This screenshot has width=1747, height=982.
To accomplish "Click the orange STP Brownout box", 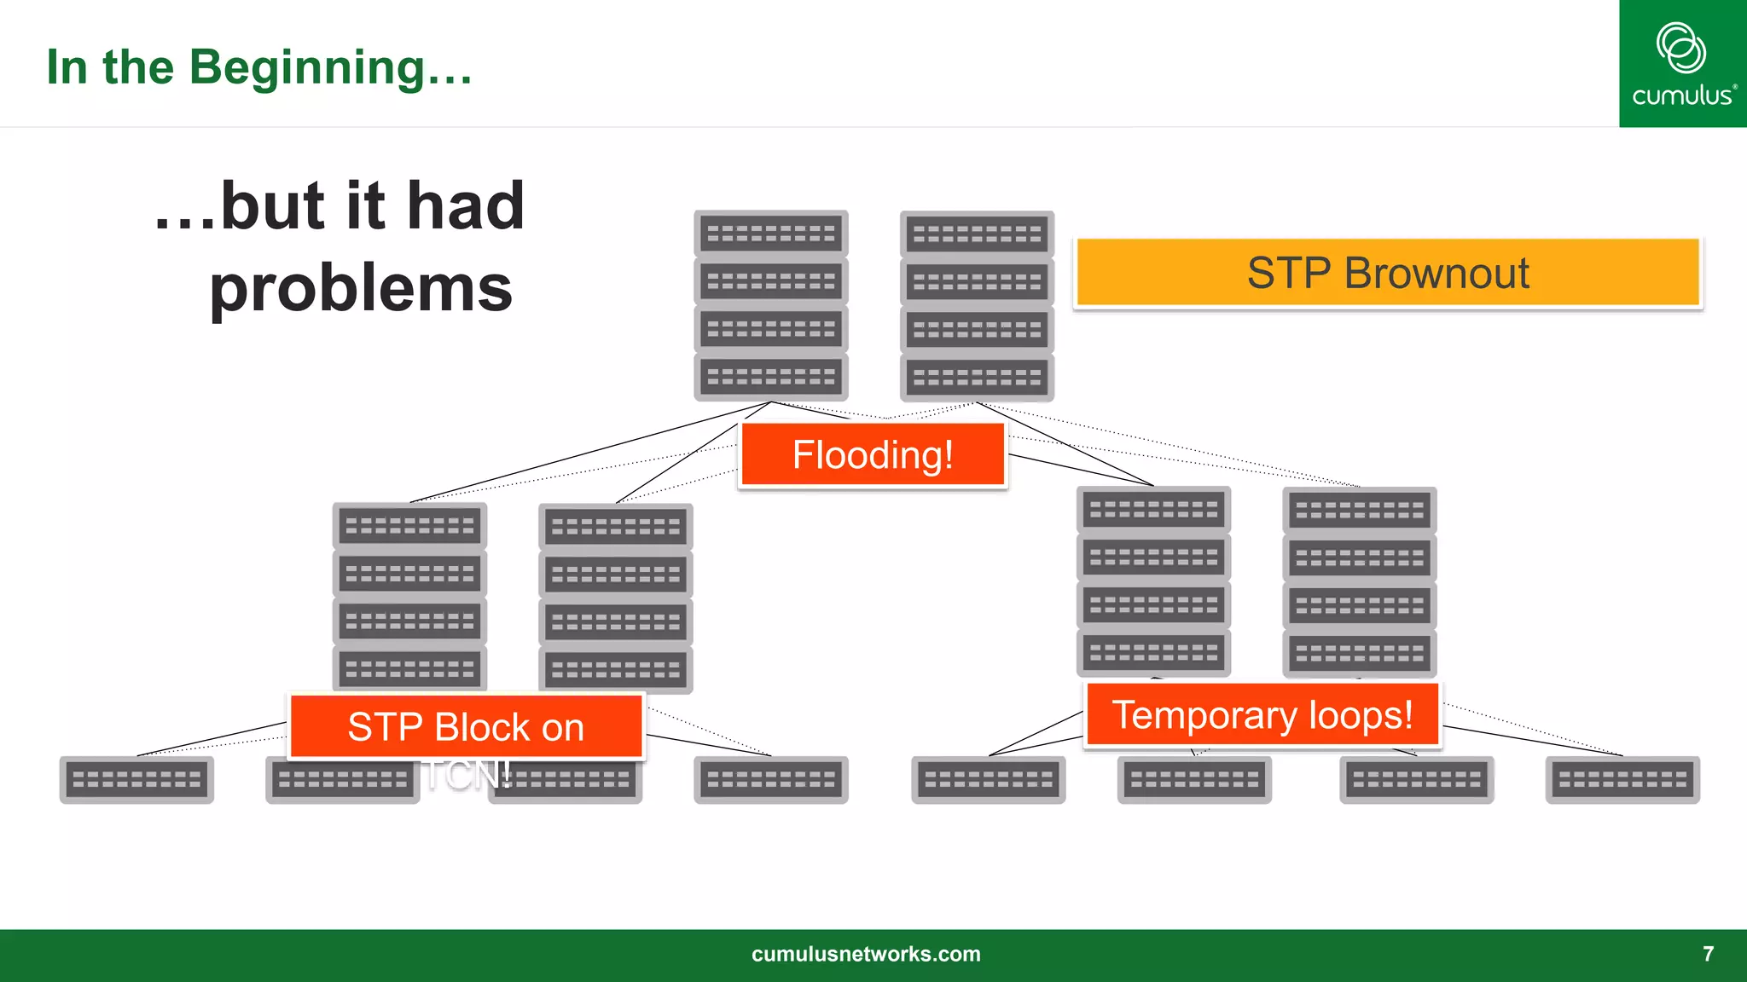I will coord(1388,273).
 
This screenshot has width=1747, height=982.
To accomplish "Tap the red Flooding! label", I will coord(873,455).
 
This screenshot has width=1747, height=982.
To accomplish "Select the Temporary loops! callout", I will coord(1262,714).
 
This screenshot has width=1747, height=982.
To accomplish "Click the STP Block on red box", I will coord(466,726).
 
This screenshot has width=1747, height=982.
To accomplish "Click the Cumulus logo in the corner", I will coord(1682,64).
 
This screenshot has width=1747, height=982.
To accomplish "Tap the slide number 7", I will coord(1708,954).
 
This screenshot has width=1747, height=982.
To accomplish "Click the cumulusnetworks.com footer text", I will coord(866,954).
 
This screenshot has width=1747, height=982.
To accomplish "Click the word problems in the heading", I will coord(361,288).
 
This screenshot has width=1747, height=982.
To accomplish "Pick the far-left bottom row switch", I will coord(136,779).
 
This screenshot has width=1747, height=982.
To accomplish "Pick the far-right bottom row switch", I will coord(1622,779).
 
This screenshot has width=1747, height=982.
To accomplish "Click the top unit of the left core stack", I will coord(771,233).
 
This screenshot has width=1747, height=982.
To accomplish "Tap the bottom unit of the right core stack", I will coord(977,377).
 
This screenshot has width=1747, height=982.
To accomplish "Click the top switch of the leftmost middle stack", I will coord(409,526).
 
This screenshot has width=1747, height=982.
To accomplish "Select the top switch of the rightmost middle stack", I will coord(1360,511).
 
